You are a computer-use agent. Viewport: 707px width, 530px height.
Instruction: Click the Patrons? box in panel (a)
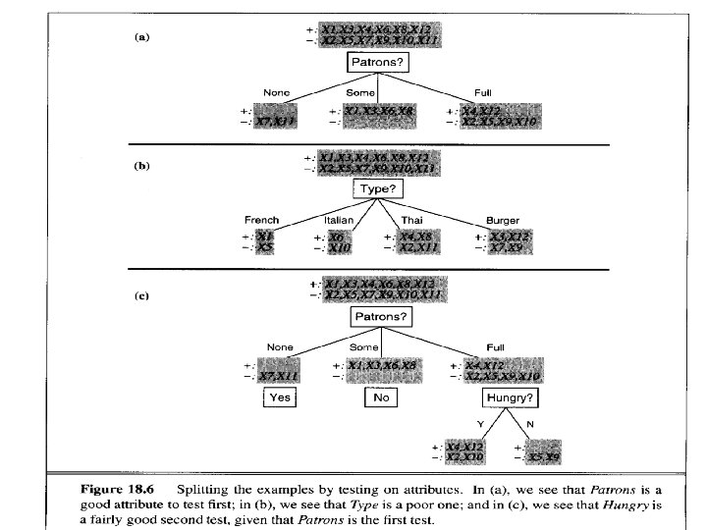[376, 63]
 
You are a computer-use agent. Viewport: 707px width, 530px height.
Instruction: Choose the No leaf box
[379, 397]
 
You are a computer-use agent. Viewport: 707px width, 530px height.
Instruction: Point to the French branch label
[261, 220]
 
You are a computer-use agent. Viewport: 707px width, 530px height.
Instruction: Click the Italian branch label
[339, 220]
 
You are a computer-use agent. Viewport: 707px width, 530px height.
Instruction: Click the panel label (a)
[142, 37]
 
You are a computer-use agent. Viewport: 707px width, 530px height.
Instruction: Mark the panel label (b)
[142, 166]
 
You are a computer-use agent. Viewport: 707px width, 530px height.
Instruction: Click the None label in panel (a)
[277, 92]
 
